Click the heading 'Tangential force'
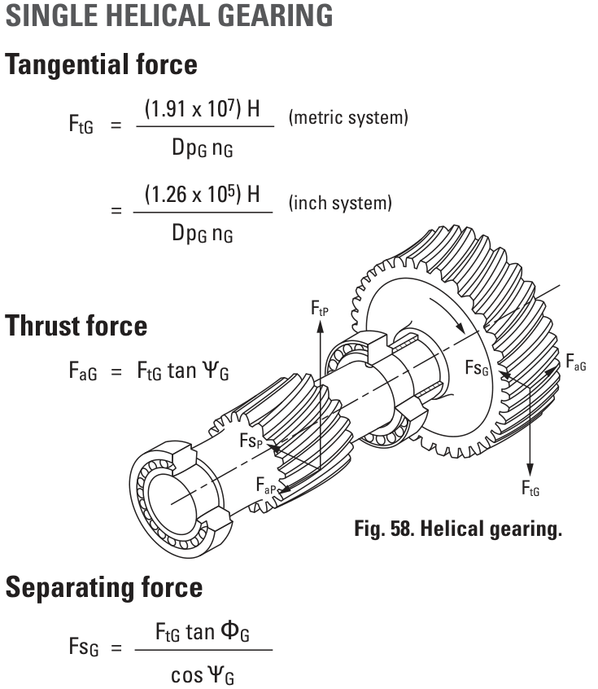point(101,65)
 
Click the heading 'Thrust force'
point(76,326)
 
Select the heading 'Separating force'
point(104,588)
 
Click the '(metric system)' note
point(348,117)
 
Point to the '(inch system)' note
point(340,203)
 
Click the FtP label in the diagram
point(320,308)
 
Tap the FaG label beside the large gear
point(575,362)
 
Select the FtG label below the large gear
point(530,488)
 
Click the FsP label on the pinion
point(251,441)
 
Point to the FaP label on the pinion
point(266,485)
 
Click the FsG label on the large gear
point(477,368)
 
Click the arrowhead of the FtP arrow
point(321,327)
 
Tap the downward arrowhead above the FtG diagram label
point(530,469)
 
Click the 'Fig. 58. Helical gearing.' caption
point(458,529)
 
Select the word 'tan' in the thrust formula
point(181,371)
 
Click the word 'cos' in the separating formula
point(187,675)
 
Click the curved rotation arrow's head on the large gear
point(461,327)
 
